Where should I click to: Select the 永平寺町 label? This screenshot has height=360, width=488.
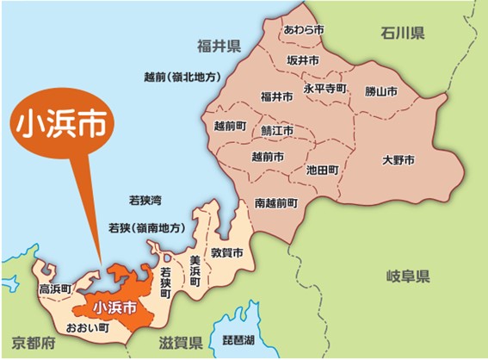point(324,88)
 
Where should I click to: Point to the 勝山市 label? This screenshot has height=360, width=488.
point(380,90)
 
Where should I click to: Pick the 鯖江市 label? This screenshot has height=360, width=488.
point(277,131)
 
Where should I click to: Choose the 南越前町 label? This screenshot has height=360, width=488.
point(276,203)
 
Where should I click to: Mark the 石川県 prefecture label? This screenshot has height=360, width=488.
point(404,34)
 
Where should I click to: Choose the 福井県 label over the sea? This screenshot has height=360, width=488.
point(218,45)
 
